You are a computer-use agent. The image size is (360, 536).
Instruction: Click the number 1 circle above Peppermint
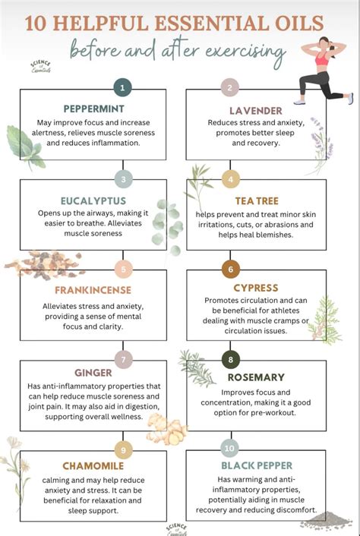coord(122,88)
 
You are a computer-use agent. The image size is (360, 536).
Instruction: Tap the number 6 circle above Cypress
coord(230,269)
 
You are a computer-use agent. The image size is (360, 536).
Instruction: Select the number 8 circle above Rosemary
coord(230,359)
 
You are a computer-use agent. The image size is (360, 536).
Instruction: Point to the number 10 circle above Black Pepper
coord(229,448)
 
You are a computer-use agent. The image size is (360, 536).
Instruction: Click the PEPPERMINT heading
coord(93,109)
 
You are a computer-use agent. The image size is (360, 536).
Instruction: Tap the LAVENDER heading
coord(256,111)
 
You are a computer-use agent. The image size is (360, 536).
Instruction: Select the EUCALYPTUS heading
coord(93,200)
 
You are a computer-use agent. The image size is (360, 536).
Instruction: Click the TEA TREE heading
coord(257,200)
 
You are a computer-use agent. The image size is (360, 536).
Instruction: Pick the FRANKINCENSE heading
coord(93,290)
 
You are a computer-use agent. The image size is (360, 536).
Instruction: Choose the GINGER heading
coord(93,373)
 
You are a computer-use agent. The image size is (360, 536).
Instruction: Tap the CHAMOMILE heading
coord(93,466)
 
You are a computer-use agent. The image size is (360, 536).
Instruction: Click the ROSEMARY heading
coord(256,377)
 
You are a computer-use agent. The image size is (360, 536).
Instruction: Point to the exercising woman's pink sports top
coord(322,58)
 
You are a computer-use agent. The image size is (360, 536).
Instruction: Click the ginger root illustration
coord(167,429)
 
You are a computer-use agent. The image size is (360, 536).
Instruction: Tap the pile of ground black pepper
coord(327,521)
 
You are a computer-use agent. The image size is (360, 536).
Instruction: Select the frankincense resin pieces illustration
coord(45,265)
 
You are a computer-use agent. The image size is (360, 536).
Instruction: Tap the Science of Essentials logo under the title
coord(41,67)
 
